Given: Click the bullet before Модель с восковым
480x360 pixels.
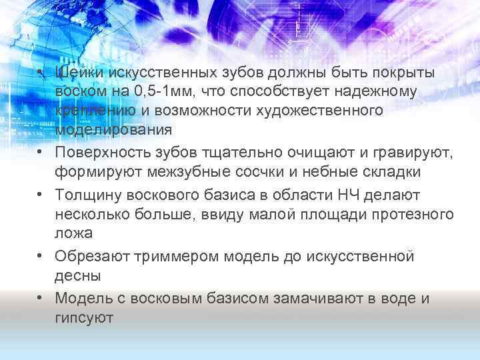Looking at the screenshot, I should [41, 298].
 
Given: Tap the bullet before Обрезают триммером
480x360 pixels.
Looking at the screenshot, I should [41, 257].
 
